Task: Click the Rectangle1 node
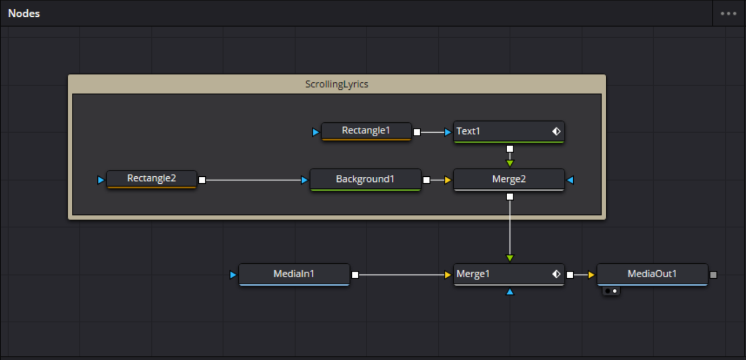(366, 131)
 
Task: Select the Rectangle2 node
(151, 179)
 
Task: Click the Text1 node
(498, 132)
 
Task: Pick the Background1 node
(365, 179)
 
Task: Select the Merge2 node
(508, 179)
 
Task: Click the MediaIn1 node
(294, 274)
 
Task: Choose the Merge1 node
(498, 274)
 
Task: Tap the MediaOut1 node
(652, 274)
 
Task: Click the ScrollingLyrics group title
(337, 84)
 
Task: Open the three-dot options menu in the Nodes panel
(729, 13)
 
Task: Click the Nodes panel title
(24, 13)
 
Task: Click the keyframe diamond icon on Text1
(556, 132)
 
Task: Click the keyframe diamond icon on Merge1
(556, 274)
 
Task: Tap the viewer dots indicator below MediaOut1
(611, 290)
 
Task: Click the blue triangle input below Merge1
(510, 292)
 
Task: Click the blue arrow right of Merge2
(570, 180)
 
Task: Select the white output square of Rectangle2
(202, 180)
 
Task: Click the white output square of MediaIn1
(355, 275)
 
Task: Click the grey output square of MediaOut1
(714, 275)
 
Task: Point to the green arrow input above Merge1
(510, 258)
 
